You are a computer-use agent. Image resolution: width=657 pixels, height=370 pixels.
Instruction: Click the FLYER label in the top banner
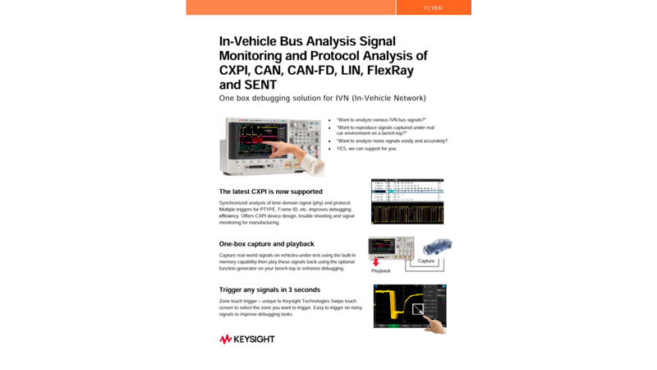tap(433, 8)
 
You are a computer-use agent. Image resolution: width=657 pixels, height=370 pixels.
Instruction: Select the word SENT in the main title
tap(260, 85)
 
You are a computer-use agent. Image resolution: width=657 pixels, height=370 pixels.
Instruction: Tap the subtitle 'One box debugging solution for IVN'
tap(322, 99)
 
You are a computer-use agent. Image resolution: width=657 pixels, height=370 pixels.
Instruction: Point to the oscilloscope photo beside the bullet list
tap(271, 146)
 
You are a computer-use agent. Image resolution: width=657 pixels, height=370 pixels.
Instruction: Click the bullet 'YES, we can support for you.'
tap(366, 149)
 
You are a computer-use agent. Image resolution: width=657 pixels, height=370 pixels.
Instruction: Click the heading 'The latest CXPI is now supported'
tap(270, 192)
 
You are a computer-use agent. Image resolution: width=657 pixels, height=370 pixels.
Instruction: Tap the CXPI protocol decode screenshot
tap(407, 201)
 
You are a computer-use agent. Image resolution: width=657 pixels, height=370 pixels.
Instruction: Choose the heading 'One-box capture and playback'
tap(266, 244)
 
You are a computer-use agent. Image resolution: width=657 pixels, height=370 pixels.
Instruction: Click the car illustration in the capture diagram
tap(436, 247)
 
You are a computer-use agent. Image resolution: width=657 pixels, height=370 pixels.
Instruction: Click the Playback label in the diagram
tap(381, 271)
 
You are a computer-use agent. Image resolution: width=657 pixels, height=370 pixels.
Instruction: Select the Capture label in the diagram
tap(426, 261)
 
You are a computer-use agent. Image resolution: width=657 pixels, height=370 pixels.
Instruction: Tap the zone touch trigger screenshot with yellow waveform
tap(408, 307)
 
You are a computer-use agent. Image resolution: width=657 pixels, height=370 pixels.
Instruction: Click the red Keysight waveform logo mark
tap(225, 340)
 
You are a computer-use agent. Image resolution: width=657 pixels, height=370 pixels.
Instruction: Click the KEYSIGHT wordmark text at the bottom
tap(254, 340)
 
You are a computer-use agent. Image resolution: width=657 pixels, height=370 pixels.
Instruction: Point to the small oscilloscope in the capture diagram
tap(390, 247)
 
